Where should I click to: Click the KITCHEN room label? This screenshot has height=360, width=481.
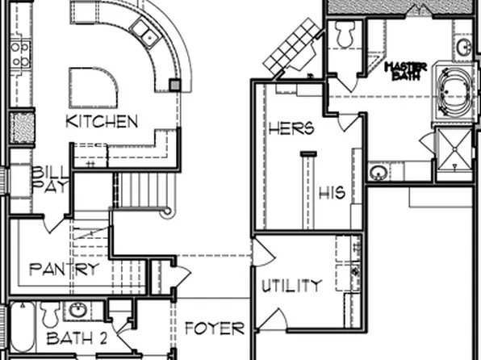(x=102, y=122)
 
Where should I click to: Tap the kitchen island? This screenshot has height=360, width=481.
(x=92, y=87)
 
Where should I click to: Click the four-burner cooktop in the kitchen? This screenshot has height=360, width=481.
(x=19, y=54)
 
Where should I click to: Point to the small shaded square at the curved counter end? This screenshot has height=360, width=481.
(x=174, y=83)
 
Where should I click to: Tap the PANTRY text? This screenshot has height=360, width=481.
(x=64, y=269)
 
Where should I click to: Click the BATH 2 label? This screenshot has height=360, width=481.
(x=77, y=338)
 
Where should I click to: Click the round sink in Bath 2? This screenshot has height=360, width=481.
(x=78, y=311)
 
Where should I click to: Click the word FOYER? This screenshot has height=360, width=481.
(x=214, y=329)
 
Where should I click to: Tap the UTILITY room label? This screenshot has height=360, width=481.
(x=291, y=285)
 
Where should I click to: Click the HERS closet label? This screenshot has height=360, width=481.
(x=291, y=128)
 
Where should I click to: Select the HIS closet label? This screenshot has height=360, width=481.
(x=332, y=193)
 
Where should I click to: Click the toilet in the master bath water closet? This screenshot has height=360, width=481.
(x=345, y=34)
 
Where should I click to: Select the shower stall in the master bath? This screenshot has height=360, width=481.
(x=454, y=152)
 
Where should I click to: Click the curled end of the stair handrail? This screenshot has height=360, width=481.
(x=166, y=211)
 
